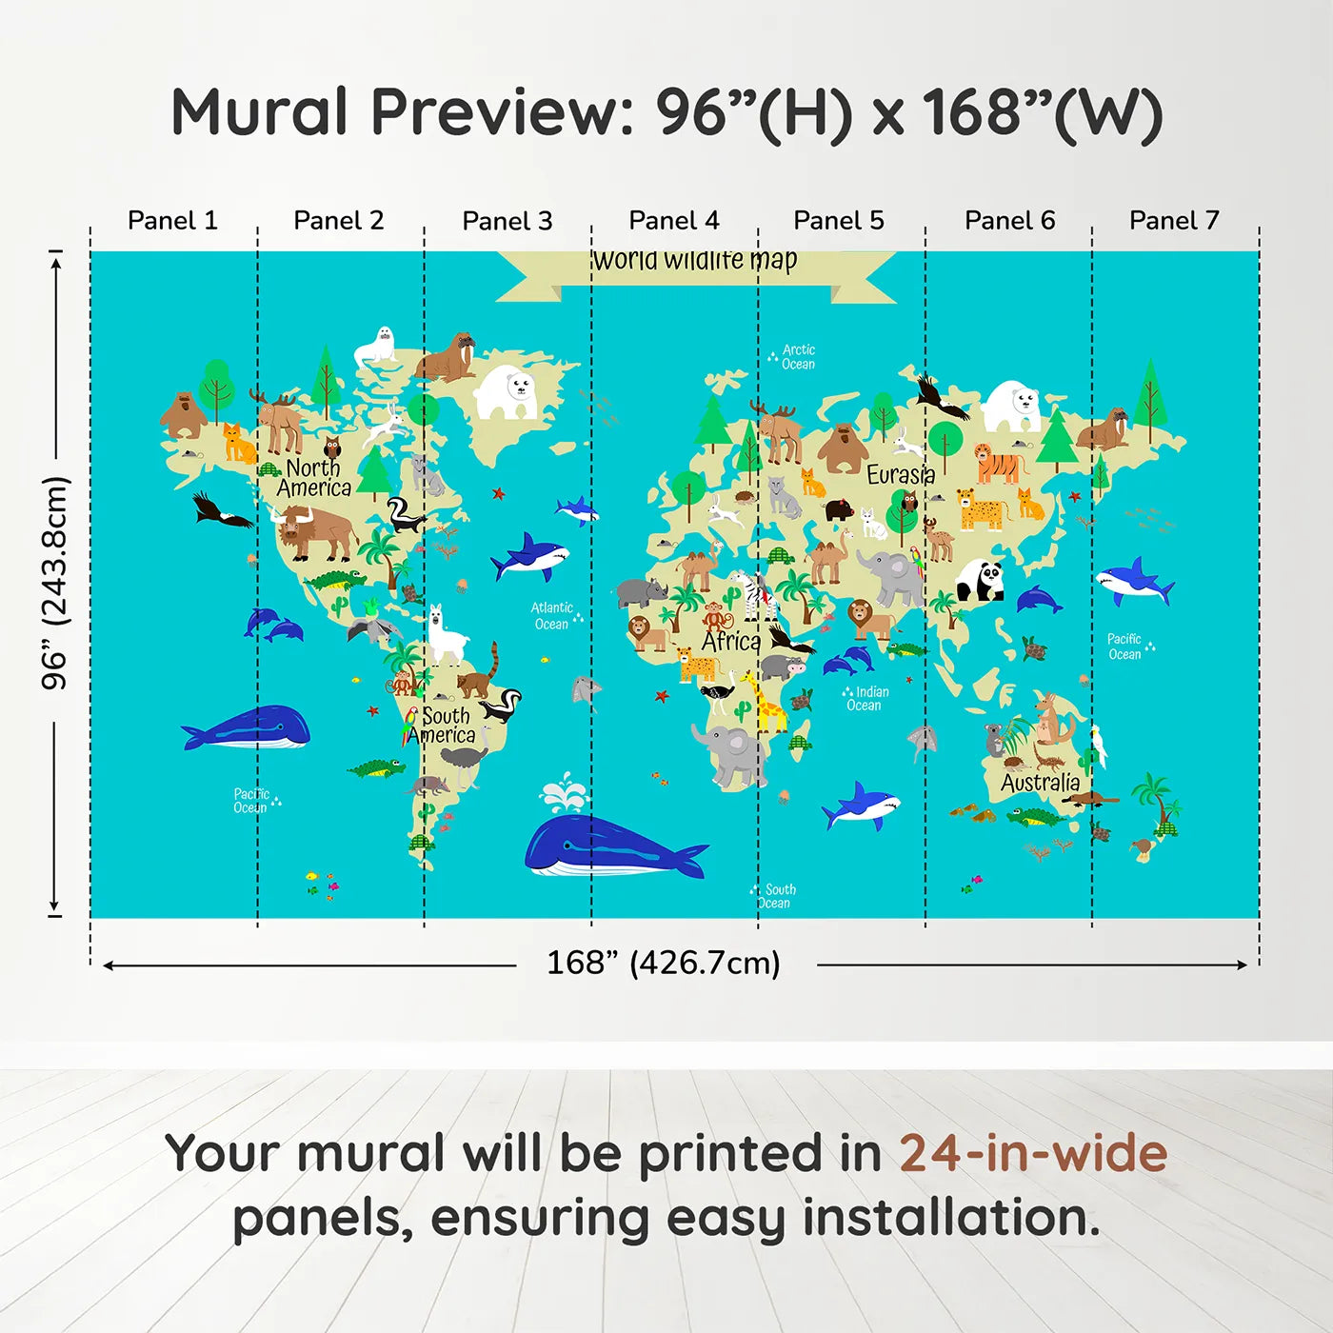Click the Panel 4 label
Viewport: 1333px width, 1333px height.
coord(674,221)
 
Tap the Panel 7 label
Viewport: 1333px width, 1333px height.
coord(1174,221)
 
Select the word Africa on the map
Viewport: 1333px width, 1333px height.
coord(731,642)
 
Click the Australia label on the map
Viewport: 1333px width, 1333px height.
coord(1040,783)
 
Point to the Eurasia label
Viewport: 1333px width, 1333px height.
coord(901,474)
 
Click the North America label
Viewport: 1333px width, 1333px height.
coord(314,478)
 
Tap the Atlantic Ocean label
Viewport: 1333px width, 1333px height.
coord(552,616)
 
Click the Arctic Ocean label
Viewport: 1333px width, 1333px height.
coord(797,357)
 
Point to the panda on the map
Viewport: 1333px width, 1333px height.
coord(981,580)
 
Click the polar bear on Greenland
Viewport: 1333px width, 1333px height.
coord(507,393)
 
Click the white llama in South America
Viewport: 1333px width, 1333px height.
coord(444,637)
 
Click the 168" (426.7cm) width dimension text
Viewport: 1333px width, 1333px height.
coord(664,963)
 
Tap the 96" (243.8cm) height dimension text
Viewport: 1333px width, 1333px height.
coord(55,583)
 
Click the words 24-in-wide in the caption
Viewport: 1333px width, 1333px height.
coord(1033,1154)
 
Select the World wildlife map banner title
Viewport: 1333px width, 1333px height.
coord(694,261)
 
